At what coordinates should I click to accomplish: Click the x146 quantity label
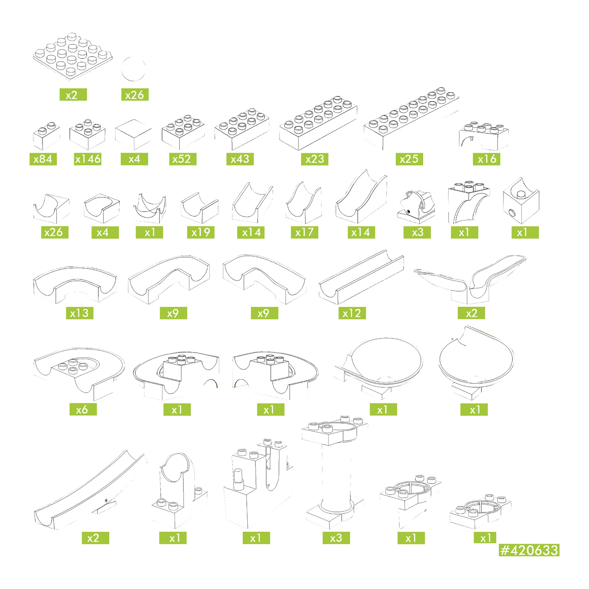coord(88,159)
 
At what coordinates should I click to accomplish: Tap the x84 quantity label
coord(43,159)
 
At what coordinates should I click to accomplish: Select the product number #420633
coord(529,550)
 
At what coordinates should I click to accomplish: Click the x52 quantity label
coord(183,159)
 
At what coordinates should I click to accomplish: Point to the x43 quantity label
coord(240,159)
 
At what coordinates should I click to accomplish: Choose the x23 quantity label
coord(315,159)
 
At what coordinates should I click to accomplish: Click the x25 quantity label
coord(409,159)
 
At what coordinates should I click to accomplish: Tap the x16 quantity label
coord(487,159)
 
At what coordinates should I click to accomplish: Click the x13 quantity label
coord(80,313)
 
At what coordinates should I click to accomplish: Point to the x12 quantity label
coord(352,313)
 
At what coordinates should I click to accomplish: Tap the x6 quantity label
coord(83,409)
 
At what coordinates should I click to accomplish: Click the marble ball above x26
coord(133,69)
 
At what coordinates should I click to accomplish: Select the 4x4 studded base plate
coord(73,57)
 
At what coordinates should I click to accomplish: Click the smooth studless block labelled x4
coord(133,134)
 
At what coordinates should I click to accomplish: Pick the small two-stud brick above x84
coord(46,136)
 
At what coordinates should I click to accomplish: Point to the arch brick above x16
coord(484,136)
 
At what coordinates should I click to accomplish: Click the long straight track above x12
coord(361,277)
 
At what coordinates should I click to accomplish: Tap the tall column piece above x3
coord(335,472)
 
